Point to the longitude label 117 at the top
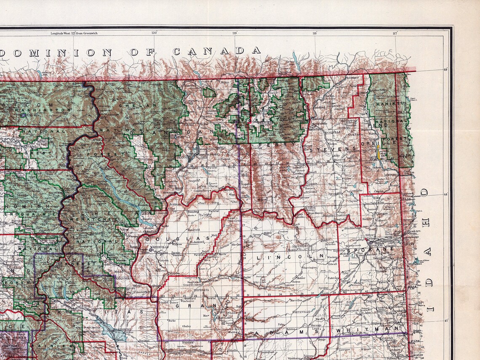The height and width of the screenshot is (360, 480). click(394, 33)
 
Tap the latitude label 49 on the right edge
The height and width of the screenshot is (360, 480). click(446, 69)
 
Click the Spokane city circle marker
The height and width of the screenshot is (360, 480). click(370, 243)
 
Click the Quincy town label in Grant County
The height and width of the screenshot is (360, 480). click(174, 302)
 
